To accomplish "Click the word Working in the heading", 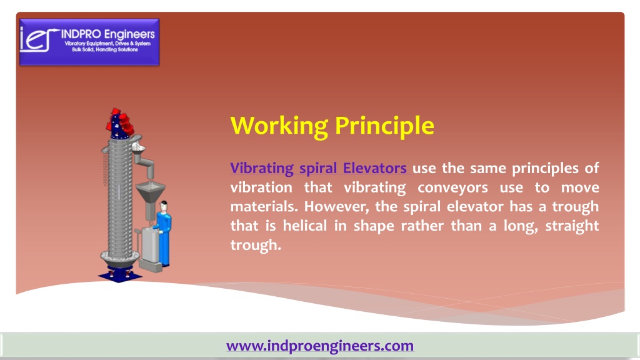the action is [x=279, y=126].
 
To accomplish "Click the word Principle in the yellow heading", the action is [x=384, y=126].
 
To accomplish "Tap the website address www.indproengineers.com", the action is [x=320, y=346].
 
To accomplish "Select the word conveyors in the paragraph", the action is [x=452, y=187].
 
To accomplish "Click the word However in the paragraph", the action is [x=337, y=207].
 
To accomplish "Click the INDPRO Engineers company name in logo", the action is [x=107, y=34].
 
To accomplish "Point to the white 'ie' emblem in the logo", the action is [x=37, y=39].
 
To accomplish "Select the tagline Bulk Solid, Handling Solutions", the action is [x=105, y=50].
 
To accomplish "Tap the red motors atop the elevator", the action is [x=121, y=121].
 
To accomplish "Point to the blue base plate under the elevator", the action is [x=119, y=276].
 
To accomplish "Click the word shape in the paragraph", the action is [x=374, y=226].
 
